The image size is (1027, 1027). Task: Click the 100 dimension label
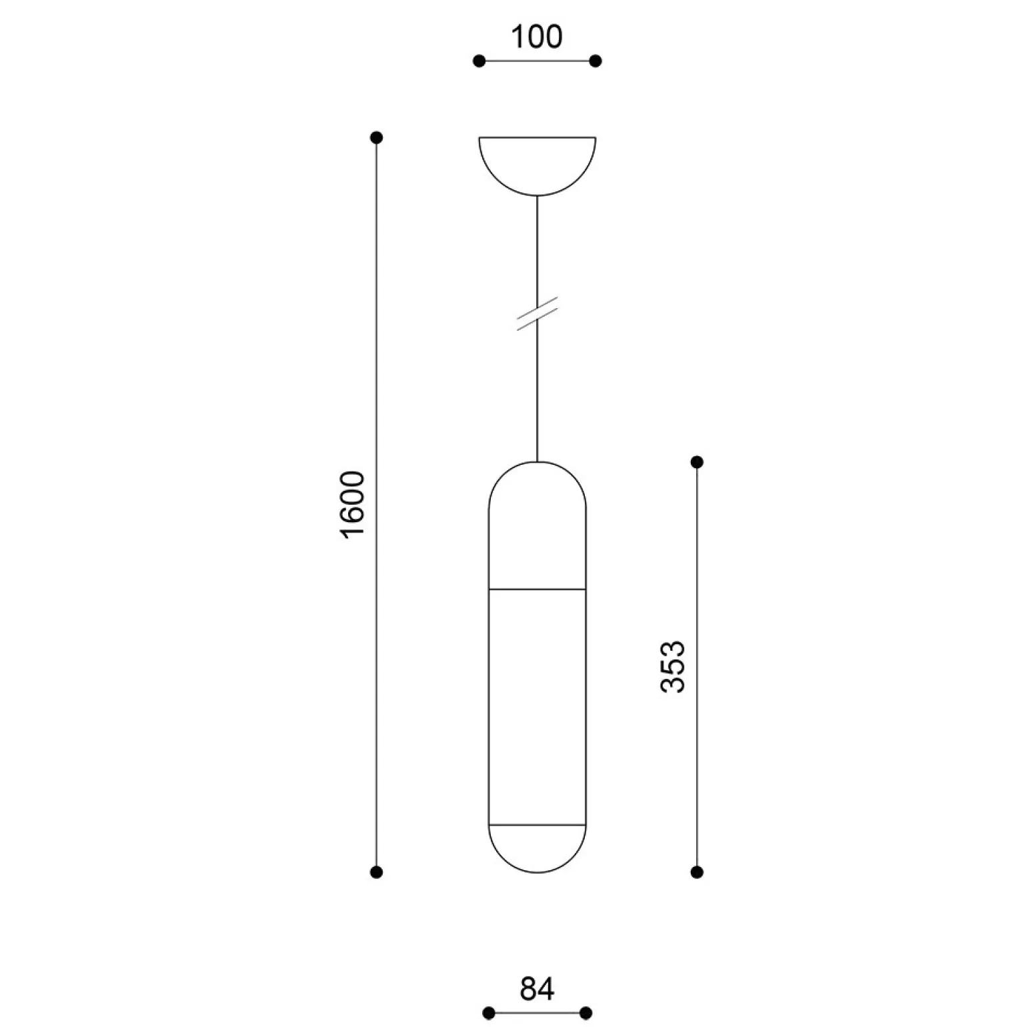tap(537, 37)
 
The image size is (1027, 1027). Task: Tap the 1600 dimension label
tap(353, 504)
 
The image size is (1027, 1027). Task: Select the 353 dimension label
tap(672, 667)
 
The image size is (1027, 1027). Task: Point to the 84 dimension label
tap(537, 989)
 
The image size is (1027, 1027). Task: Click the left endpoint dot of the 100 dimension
tap(479, 61)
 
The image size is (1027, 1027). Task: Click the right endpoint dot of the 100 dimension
tap(596, 61)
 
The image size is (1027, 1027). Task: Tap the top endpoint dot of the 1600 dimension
tap(376, 138)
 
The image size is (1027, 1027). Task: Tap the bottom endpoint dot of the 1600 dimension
tap(376, 872)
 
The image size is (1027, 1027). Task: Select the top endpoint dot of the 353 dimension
tap(697, 461)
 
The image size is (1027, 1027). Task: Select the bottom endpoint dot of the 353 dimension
tap(697, 872)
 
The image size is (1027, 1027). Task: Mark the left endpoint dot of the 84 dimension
tap(488, 1013)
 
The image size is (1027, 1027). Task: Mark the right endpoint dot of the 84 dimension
tap(586, 1013)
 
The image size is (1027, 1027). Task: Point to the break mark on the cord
tap(537, 313)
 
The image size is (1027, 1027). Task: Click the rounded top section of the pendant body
tap(537, 527)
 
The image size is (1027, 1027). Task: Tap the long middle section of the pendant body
tap(537, 707)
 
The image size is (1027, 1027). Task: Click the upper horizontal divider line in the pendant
tap(537, 590)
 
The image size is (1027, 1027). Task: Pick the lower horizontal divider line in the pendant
tap(537, 825)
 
